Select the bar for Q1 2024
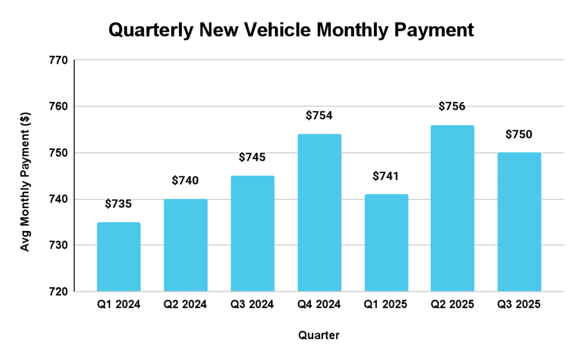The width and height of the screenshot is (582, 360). tap(119, 257)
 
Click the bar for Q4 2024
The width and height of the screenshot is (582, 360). tap(319, 213)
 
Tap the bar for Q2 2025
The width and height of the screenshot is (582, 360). tap(452, 208)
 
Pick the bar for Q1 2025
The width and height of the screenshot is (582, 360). tap(386, 243)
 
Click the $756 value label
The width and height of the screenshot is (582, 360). tap(452, 106)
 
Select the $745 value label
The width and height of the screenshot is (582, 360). tap(252, 157)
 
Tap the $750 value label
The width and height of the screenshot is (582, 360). tap(519, 134)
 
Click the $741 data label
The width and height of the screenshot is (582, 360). tap(386, 176)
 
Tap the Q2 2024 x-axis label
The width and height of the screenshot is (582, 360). tap(185, 305)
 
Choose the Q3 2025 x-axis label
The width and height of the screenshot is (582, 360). tap(519, 305)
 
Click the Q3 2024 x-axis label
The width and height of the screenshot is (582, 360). tap(252, 305)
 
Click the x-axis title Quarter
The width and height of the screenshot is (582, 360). tap(319, 336)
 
